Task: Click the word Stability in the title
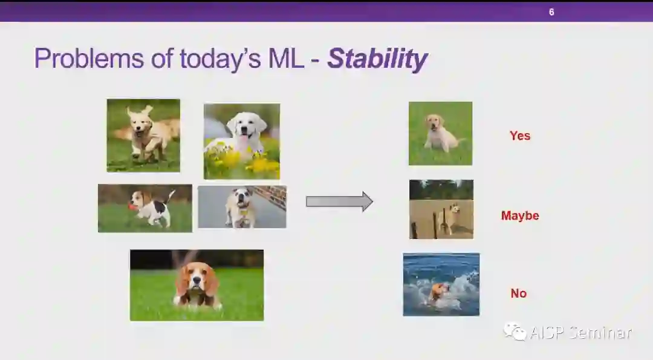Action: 377,59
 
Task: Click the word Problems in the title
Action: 89,58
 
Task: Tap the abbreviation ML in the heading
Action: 285,58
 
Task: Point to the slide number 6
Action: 551,12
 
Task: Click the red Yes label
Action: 520,136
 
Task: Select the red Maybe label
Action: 520,215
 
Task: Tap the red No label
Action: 519,293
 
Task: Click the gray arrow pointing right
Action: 339,201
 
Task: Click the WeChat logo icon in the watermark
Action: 515,332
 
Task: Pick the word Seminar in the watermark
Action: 600,333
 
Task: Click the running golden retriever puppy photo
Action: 143,136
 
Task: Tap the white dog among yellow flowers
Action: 241,141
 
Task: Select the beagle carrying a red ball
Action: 145,208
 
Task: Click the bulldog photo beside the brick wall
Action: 242,207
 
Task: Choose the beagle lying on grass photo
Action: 197,286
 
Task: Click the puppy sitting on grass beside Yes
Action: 440,133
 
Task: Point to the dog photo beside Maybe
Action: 441,209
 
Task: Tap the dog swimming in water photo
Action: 441,284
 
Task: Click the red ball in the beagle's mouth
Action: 132,206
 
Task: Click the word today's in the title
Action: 220,58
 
